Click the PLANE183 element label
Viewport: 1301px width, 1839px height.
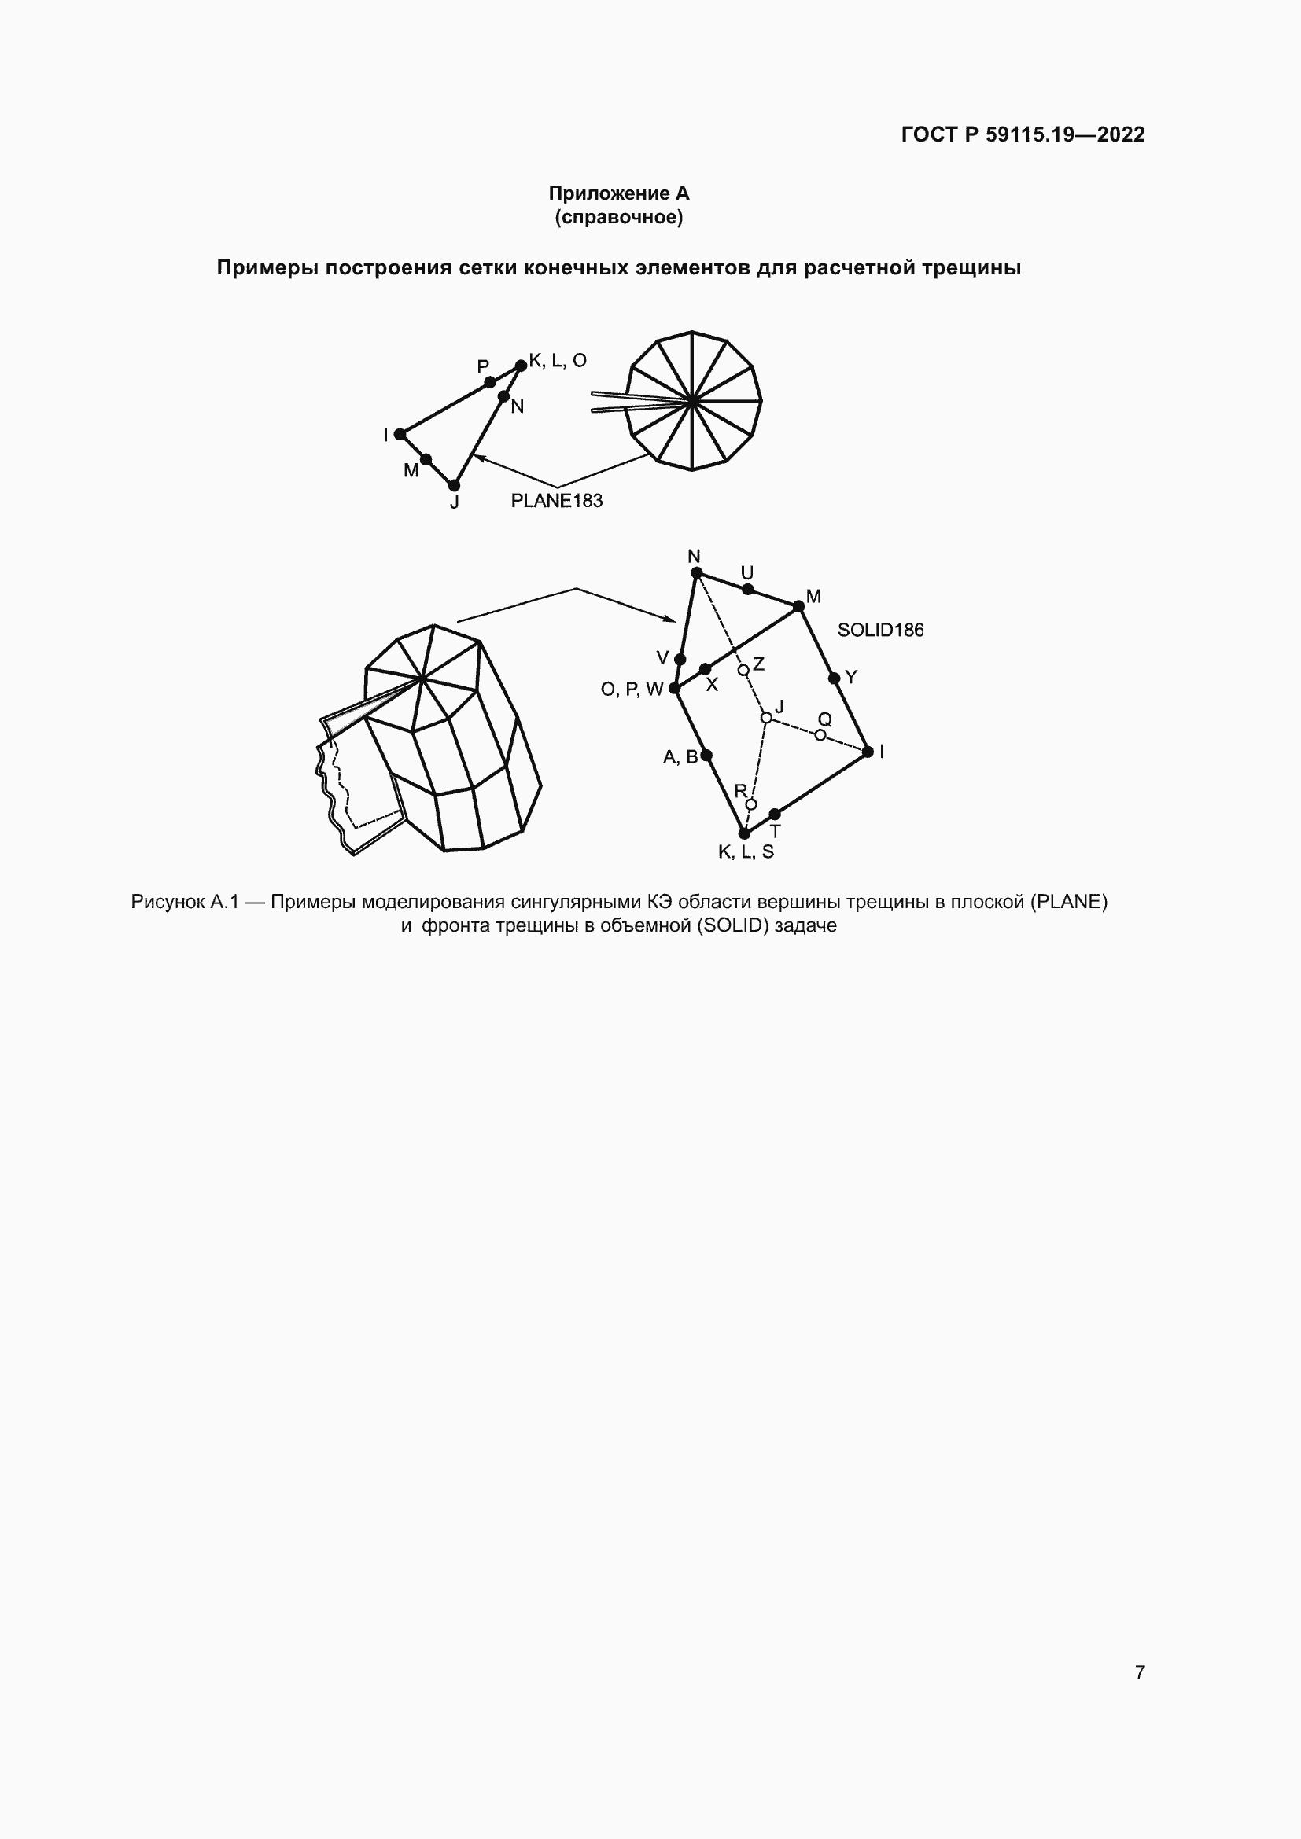coord(557,501)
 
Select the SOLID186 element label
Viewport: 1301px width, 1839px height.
coord(880,631)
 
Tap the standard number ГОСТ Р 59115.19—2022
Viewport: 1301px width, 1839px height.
coord(1023,134)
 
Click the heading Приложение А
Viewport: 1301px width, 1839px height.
coord(618,193)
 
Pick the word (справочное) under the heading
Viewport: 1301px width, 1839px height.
coord(618,218)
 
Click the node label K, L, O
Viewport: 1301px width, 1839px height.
coord(558,360)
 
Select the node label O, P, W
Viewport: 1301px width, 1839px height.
coord(632,689)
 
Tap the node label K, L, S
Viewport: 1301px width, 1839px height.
coord(746,851)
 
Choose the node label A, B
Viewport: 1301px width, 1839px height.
coord(681,757)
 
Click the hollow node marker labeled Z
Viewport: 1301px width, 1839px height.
coord(743,670)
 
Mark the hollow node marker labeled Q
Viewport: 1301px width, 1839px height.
coord(820,734)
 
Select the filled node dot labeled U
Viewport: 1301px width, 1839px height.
coord(747,590)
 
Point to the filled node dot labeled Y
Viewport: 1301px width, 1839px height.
coord(834,679)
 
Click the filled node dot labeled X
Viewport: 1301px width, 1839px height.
coord(705,669)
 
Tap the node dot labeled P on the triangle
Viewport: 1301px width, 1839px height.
coord(490,382)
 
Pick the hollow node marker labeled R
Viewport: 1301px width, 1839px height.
coord(750,804)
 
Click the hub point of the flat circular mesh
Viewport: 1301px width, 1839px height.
coord(691,400)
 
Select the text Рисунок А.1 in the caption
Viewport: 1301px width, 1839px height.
coord(185,902)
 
